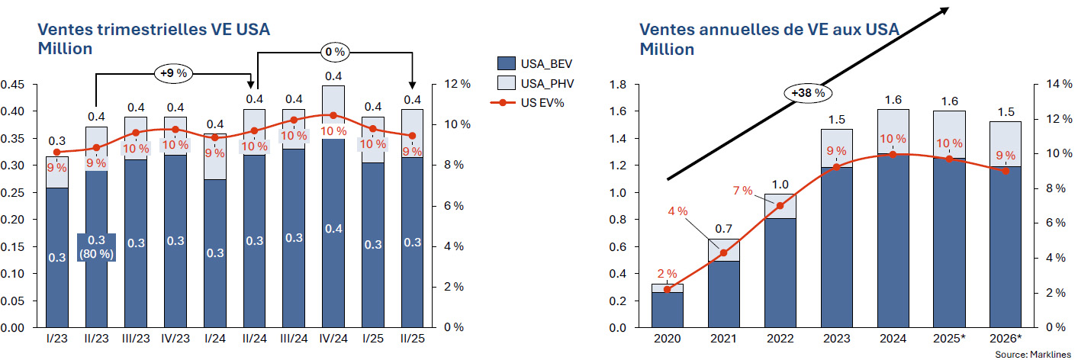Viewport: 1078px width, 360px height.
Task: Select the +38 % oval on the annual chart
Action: pos(808,92)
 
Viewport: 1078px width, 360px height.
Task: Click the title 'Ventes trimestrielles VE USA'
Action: pos(154,30)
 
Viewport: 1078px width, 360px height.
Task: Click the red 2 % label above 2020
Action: pos(667,274)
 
